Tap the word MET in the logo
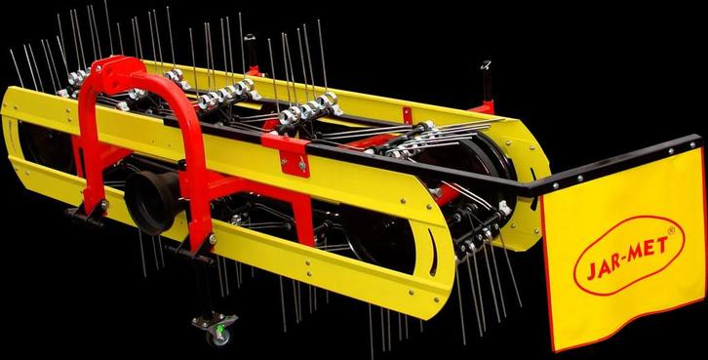pyautogui.click(x=649, y=249)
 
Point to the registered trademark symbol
pyautogui.click(x=671, y=230)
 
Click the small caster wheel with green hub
pyautogui.click(x=218, y=336)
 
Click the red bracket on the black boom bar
pyautogui.click(x=287, y=153)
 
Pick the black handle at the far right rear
pyautogui.click(x=487, y=80)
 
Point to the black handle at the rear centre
pyautogui.click(x=251, y=51)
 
